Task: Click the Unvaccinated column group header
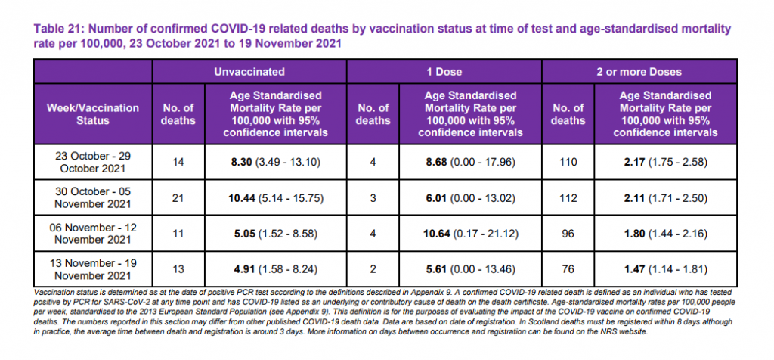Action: click(x=249, y=72)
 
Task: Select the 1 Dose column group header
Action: click(x=444, y=72)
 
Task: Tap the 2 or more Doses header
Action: click(x=639, y=72)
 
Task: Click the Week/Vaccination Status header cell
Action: click(x=93, y=114)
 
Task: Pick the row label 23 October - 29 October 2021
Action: click(x=93, y=161)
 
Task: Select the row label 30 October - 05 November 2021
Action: click(x=93, y=197)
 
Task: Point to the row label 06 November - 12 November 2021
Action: click(x=93, y=234)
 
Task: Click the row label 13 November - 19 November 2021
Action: click(x=93, y=270)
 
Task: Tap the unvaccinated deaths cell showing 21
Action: click(x=178, y=197)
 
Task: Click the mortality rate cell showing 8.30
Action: click(x=276, y=161)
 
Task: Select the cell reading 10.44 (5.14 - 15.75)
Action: click(x=276, y=197)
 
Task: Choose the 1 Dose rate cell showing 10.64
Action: click(x=470, y=234)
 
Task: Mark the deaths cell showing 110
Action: click(x=568, y=161)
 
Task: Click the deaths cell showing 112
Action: click(x=568, y=197)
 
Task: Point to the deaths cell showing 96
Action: click(x=568, y=234)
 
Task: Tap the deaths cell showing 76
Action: click(x=568, y=270)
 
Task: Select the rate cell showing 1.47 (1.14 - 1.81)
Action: click(x=665, y=270)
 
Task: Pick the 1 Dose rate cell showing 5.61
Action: click(x=470, y=270)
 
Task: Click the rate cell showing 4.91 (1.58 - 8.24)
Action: click(x=276, y=270)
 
